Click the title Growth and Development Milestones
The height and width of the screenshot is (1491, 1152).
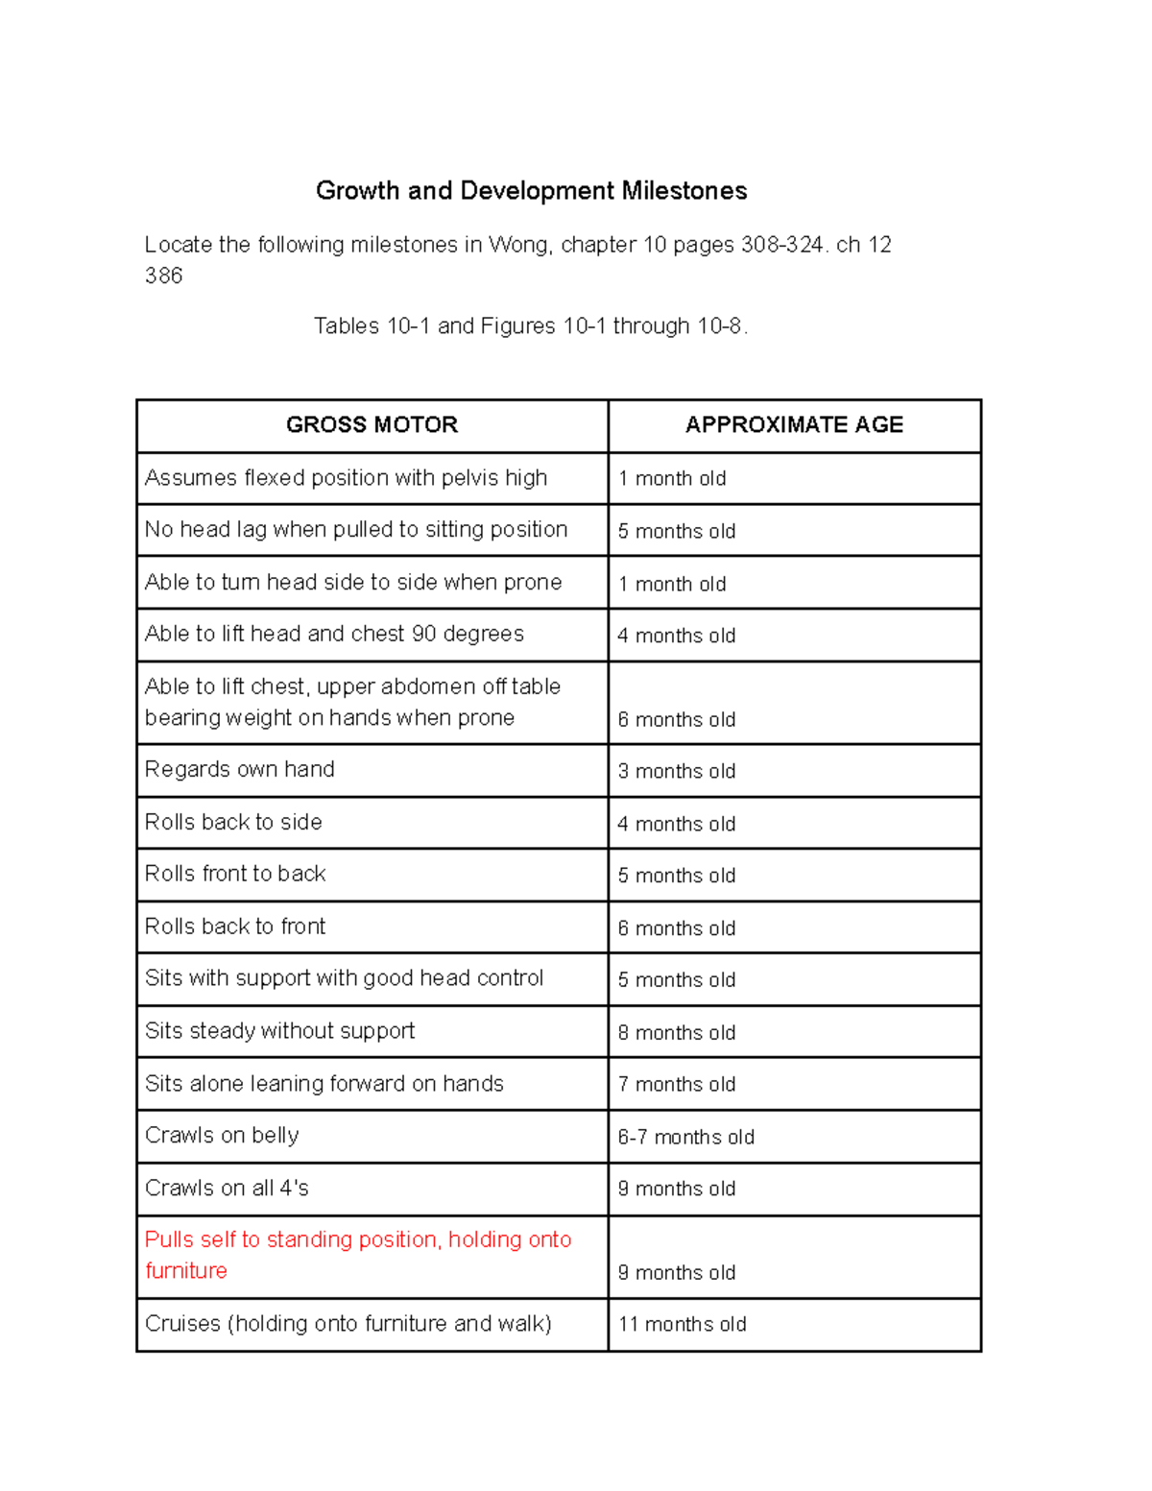click(531, 191)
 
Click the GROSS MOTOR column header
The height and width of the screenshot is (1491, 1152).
click(372, 424)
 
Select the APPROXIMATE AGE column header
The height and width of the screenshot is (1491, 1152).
click(794, 424)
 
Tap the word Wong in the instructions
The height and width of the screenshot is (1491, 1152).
click(518, 245)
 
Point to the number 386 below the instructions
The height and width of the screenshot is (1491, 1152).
click(163, 277)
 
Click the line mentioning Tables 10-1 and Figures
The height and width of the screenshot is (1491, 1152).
click(530, 326)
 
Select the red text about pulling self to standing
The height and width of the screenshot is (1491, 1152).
click(357, 1255)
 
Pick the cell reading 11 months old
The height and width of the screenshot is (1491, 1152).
click(682, 1325)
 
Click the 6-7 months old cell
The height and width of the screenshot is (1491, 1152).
click(685, 1138)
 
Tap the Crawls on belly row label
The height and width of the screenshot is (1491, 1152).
click(222, 1136)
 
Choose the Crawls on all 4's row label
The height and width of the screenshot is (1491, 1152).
click(227, 1189)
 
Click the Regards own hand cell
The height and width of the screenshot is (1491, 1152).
click(239, 770)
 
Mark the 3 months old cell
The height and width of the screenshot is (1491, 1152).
click(676, 772)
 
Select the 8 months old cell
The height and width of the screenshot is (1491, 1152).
click(676, 1033)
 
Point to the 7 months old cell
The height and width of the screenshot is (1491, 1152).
click(676, 1085)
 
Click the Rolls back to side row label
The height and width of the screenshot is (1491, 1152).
click(233, 823)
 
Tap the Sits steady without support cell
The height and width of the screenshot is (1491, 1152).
click(279, 1031)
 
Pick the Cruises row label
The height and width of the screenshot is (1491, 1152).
click(348, 1324)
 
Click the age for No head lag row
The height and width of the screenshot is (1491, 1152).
click(676, 532)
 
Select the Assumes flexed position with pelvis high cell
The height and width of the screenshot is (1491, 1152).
click(346, 478)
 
